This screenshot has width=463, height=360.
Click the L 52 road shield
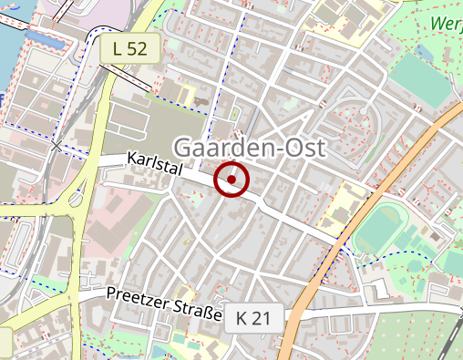pyautogui.click(x=130, y=50)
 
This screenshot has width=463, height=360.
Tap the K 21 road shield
pyautogui.click(x=254, y=318)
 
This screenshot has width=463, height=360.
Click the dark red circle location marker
pyautogui.click(x=231, y=180)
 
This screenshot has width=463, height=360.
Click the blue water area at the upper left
pyautogui.click(x=7, y=55)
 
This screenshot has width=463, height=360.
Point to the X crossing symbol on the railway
pyautogui.click(x=57, y=145)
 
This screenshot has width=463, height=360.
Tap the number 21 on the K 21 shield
pyautogui.click(x=262, y=318)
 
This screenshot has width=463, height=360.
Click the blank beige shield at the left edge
pyautogui.click(x=5, y=341)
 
